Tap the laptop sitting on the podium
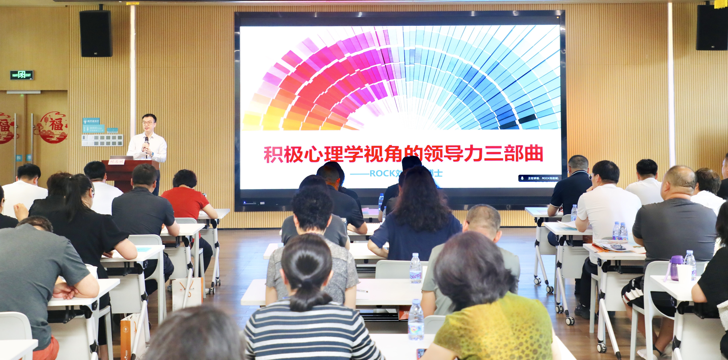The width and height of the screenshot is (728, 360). click(122, 157)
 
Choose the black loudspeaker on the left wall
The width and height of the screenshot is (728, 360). click(96, 34)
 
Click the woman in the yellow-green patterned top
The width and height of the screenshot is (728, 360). click(492, 316)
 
